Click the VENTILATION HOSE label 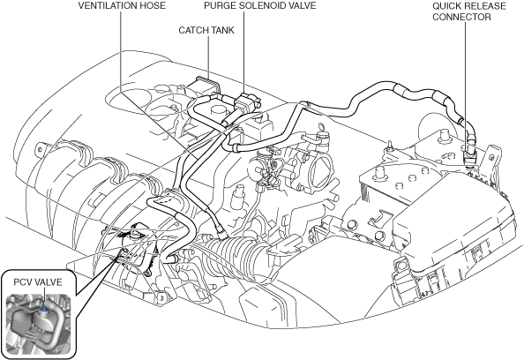(122, 5)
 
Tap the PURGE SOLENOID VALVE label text (259, 5)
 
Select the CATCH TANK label (206, 30)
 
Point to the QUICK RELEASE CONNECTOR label (469, 11)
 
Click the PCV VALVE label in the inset (38, 282)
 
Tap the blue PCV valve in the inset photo (44, 305)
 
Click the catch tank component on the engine (205, 86)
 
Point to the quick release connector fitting (469, 154)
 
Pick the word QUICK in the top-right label (446, 6)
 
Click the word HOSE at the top (153, 5)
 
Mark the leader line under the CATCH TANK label (209, 56)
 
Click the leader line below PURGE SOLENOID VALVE (243, 52)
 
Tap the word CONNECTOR (461, 17)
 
